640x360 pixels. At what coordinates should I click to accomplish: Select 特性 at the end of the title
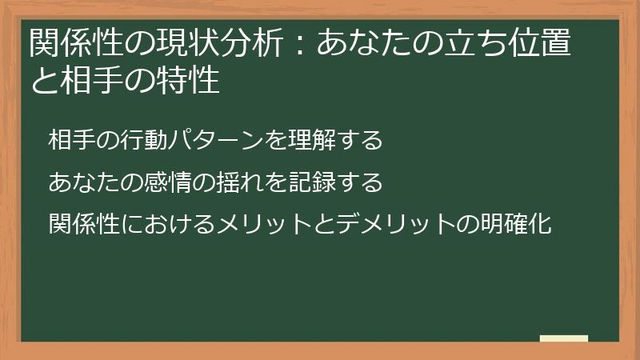click(x=187, y=82)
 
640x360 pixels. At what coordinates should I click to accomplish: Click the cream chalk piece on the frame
click(x=564, y=338)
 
